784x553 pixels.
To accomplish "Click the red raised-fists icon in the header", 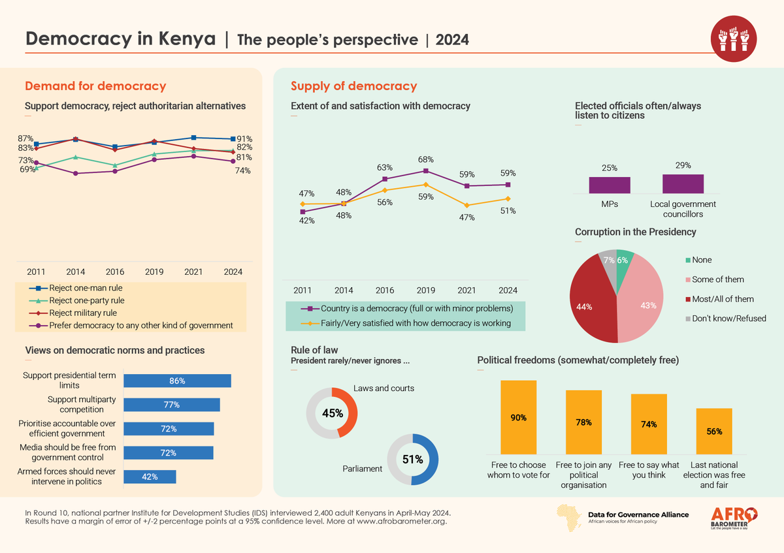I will (733, 37).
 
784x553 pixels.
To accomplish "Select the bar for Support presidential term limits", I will (177, 381).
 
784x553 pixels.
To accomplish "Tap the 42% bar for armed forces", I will (150, 477).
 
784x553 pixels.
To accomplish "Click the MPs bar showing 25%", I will (610, 185).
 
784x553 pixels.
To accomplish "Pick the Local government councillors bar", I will (683, 184).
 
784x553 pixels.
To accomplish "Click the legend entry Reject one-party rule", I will (86, 300).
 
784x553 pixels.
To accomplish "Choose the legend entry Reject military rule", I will (84, 313).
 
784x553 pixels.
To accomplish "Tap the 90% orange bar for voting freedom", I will (519, 417).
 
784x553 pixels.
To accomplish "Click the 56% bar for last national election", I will (714, 431).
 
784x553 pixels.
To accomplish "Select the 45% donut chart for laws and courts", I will (332, 412).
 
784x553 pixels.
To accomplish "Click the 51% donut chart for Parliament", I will (412, 460).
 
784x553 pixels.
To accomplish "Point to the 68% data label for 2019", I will (426, 159).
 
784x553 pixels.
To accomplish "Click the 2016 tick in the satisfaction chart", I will (385, 290).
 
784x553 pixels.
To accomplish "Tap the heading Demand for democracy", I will (95, 86).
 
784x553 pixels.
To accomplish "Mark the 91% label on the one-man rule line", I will (245, 138).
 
